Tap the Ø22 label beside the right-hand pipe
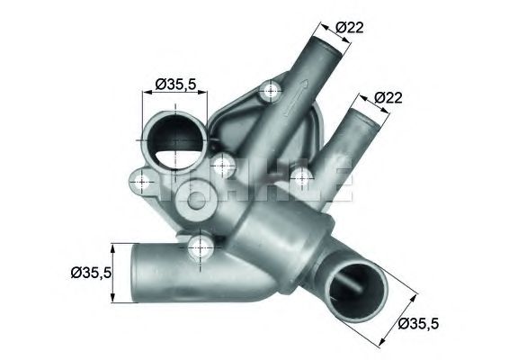pyautogui.click(x=387, y=96)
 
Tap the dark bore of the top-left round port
pyautogui.click(x=174, y=141)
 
